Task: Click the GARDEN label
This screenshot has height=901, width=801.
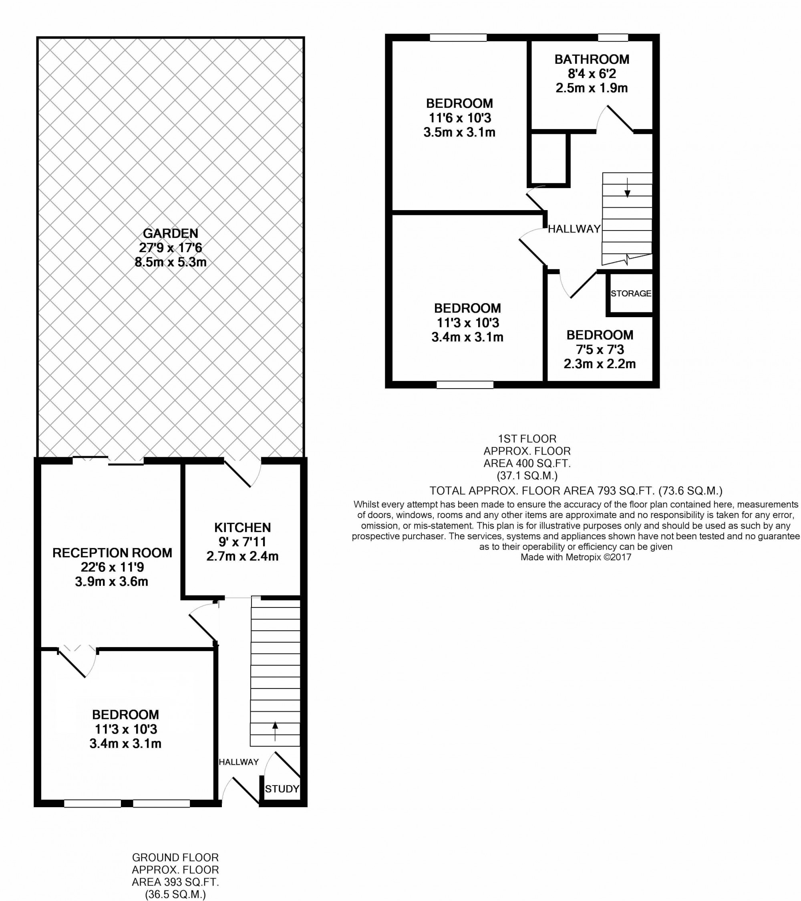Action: click(x=171, y=233)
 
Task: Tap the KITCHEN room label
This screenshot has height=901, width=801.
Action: click(x=242, y=528)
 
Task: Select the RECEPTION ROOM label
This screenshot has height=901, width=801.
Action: click(x=112, y=553)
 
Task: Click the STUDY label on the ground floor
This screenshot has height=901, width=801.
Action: click(x=282, y=789)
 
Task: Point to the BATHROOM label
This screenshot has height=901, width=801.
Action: click(x=592, y=59)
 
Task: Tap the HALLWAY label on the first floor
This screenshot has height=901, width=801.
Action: click(x=574, y=229)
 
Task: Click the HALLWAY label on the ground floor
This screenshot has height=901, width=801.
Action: click(x=239, y=762)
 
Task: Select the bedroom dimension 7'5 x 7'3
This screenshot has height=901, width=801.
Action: click(x=600, y=350)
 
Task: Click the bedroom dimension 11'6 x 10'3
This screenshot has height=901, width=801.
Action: click(x=460, y=118)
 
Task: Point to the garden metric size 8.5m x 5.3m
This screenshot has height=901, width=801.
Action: click(x=171, y=262)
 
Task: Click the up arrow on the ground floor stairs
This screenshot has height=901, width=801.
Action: click(x=275, y=731)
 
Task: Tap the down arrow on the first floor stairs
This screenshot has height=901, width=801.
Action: click(x=628, y=187)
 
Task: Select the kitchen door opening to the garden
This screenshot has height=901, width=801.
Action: click(x=243, y=472)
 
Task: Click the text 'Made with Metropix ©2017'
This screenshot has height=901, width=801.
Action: click(x=576, y=557)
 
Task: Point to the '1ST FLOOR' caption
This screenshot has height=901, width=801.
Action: click(x=527, y=439)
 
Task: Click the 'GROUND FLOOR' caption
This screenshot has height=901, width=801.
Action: click(x=175, y=857)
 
